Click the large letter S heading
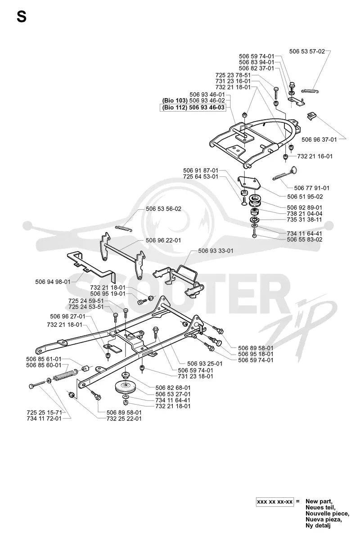pos(22,18)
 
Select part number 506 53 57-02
pos(307,51)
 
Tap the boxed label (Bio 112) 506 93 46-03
pos(193,108)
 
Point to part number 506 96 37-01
pos(319,140)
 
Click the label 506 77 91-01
pos(311,188)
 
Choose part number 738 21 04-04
pos(305,213)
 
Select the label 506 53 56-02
pos(163,209)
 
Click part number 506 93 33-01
pos(216,251)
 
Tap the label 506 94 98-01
pos(53,282)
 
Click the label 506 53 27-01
pos(173,394)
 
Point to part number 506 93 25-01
pos(205,364)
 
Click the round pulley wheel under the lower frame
pos(126,387)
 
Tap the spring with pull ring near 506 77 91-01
pos(284,174)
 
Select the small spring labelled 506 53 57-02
pos(310,91)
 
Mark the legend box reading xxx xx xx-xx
pos(275,502)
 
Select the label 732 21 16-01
pos(315,156)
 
